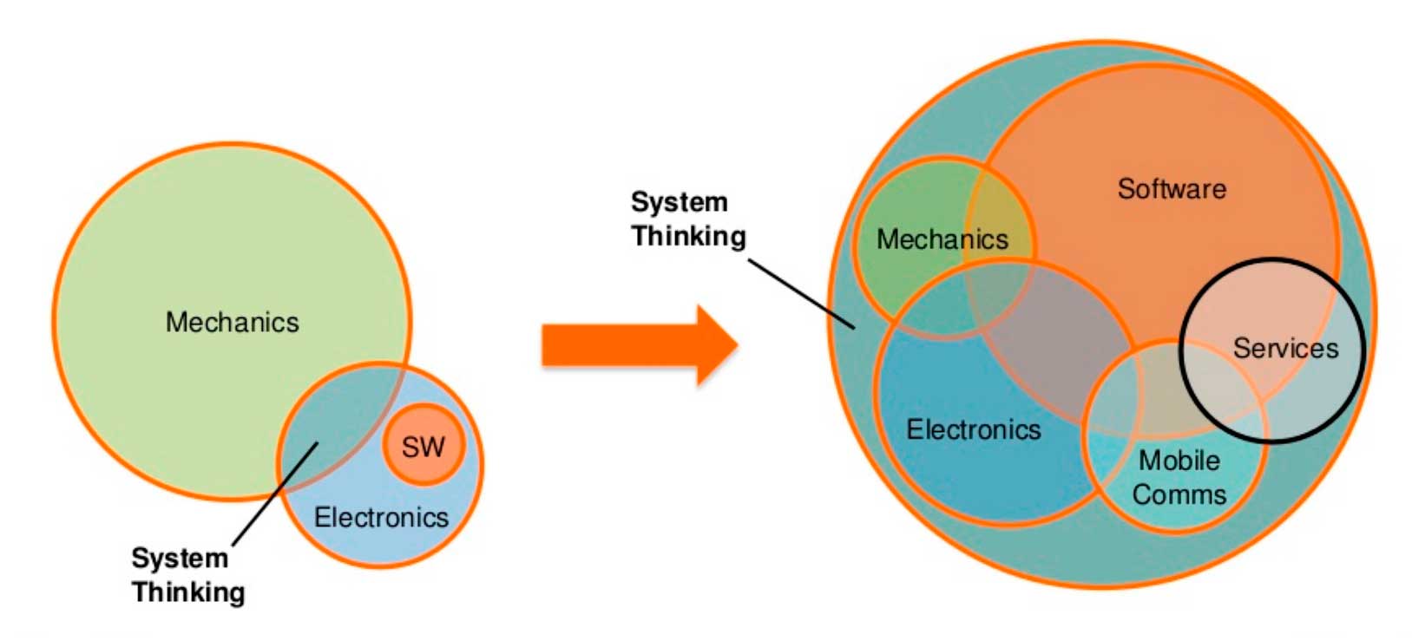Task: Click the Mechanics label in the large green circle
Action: point(232,323)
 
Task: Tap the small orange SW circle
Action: point(424,446)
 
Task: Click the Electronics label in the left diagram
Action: point(381,518)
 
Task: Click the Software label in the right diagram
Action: point(1172,189)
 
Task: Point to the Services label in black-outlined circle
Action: point(1285,349)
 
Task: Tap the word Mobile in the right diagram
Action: point(1179,461)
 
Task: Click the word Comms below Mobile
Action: point(1179,495)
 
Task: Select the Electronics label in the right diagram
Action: point(973,429)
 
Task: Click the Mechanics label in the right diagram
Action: point(942,239)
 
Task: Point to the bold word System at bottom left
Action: point(180,558)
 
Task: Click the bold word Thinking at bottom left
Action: point(188,592)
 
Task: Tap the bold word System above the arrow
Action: point(679,202)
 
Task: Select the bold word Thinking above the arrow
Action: point(688,236)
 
